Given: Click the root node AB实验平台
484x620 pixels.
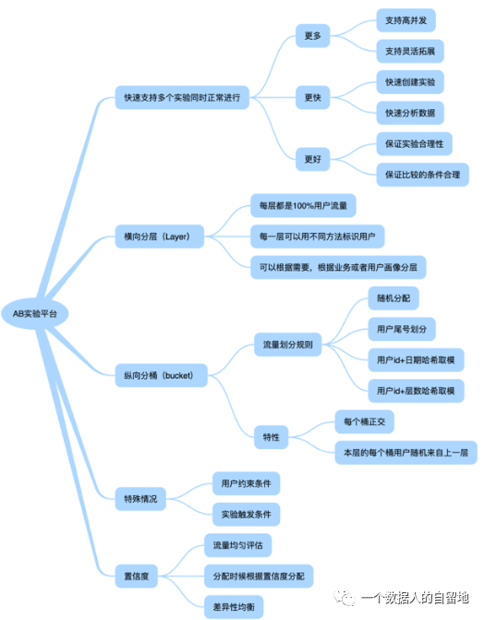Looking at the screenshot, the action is coord(35,313).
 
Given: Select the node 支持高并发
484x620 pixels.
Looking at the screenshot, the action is coord(406,20).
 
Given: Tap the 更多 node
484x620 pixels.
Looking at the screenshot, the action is coord(313,36).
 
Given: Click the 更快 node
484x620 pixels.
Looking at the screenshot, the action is coord(313,97).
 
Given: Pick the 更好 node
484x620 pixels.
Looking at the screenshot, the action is coord(313,159).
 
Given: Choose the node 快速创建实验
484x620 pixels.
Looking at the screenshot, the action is coord(410,82).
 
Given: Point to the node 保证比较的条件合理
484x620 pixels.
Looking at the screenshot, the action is coord(423,175).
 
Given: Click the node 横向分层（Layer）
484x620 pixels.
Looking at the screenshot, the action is coord(160,237).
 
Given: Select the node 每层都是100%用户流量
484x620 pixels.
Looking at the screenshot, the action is coord(303,205).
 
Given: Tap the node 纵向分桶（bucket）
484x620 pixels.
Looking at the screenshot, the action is coord(162,375).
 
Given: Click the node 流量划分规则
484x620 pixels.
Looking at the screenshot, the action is coord(288,345).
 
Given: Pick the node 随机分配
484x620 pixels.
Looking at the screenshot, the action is coord(393,298).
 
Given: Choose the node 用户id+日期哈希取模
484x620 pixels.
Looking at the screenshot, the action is coord(416,359).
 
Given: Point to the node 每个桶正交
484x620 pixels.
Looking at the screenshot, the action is coord(365,421).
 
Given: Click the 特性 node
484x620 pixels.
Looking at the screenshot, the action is coord(272,437).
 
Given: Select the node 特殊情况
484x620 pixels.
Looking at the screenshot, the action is coord(140,499).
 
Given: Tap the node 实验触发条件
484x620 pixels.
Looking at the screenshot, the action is coord(247,515).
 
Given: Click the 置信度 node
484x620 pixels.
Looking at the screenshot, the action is coord(137,576).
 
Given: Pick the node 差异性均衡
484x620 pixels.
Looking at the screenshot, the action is coord(234,607).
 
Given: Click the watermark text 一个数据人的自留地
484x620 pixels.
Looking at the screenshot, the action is coord(416,598).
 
